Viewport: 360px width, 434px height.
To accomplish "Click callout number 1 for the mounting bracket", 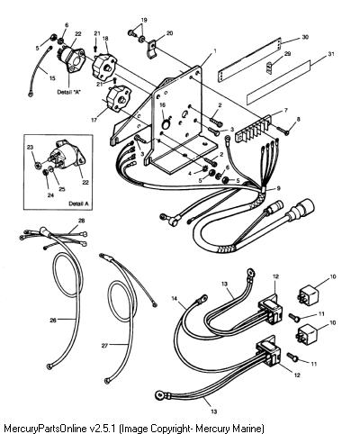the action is pos(214,51).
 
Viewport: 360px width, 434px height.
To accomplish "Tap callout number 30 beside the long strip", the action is pos(305,38).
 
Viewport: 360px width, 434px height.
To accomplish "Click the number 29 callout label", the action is pos(287,53).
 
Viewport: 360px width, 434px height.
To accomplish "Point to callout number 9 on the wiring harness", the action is pos(278,188).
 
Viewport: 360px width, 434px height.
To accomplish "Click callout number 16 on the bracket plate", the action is pos(162,104).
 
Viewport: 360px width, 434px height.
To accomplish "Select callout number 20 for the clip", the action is pos(169,33).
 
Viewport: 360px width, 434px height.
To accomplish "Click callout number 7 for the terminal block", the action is pos(285,111).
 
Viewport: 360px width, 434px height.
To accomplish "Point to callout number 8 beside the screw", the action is pos(298,119).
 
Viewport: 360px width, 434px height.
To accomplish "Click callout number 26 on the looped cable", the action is pos(53,321).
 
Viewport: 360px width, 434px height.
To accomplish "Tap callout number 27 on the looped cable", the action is pos(104,346).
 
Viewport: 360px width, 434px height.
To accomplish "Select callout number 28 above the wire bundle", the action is pos(81,221).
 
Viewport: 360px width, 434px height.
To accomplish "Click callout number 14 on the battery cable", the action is pos(175,298).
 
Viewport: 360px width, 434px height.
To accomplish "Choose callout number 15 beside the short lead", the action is pos(52,78).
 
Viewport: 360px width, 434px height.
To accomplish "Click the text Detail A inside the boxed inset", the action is pos(79,203).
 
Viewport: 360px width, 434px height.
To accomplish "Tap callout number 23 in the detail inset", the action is pos(30,148).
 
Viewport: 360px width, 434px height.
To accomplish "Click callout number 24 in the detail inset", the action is pos(50,195).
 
